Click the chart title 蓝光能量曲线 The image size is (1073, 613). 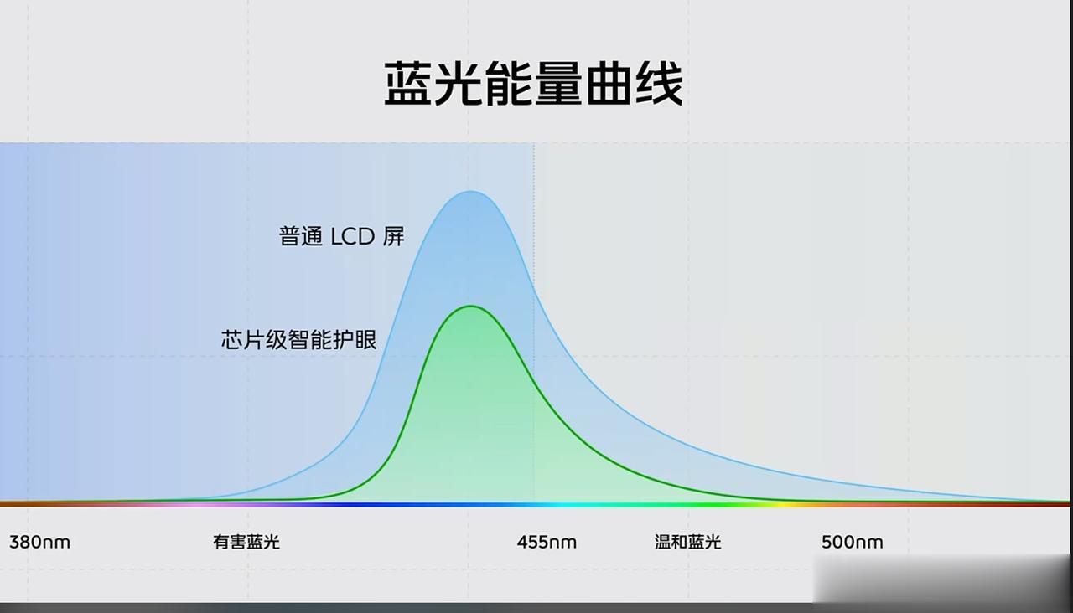tap(533, 83)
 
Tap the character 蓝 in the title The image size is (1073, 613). tap(408, 83)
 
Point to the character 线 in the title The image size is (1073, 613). tap(659, 83)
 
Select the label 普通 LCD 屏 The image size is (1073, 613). tap(341, 236)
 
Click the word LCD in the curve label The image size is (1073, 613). tap(353, 237)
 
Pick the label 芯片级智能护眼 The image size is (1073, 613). tap(299, 340)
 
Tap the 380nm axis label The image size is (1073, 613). tap(39, 542)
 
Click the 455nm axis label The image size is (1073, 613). tap(547, 542)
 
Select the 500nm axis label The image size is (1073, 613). tap(853, 542)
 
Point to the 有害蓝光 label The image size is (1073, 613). tap(246, 542)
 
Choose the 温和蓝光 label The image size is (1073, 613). tap(688, 542)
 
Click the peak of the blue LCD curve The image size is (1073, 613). tap(471, 192)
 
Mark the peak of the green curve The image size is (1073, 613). tap(471, 306)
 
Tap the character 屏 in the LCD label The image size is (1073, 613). tap(393, 236)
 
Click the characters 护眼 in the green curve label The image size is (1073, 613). tap(355, 340)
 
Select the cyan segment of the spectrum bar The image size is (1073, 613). tap(565, 504)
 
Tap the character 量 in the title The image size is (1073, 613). tap(558, 83)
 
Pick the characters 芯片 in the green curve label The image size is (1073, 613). tap(243, 340)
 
